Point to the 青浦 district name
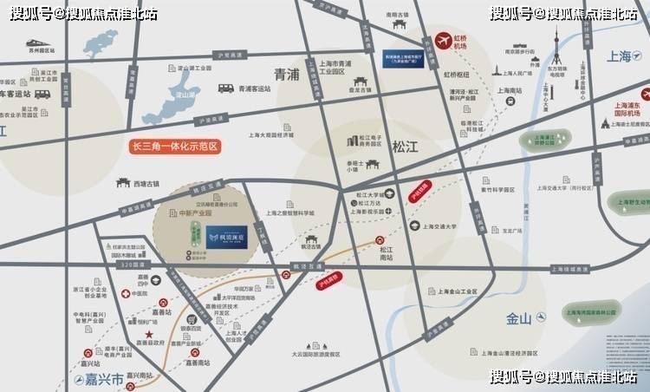286,75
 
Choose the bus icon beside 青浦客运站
225,88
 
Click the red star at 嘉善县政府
149,334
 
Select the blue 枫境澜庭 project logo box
226,237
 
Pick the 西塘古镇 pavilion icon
123,184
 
